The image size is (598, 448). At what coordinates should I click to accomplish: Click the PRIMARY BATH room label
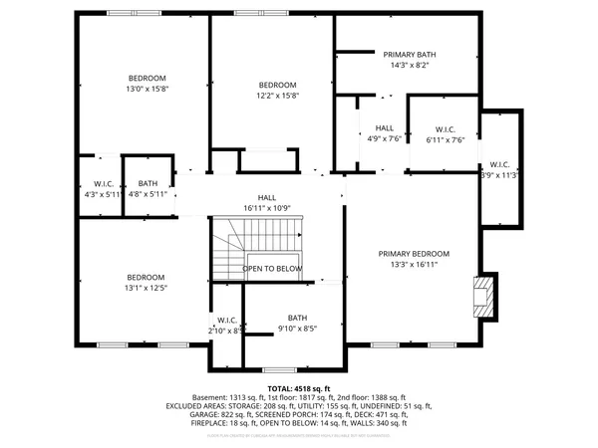(x=410, y=55)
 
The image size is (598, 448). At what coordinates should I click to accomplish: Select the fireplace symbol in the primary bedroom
(x=483, y=296)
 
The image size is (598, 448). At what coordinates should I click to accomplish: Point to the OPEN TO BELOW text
(x=272, y=269)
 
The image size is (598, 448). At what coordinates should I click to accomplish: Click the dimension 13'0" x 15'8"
(x=147, y=89)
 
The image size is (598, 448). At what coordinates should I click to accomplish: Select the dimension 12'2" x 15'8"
(x=278, y=96)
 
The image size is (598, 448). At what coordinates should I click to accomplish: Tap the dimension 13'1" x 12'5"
(x=146, y=288)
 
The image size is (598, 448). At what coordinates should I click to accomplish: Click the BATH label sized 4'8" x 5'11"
(x=148, y=183)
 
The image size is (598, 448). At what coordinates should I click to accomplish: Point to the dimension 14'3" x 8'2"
(x=410, y=65)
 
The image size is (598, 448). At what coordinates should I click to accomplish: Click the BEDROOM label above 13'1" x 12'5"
(x=146, y=277)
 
